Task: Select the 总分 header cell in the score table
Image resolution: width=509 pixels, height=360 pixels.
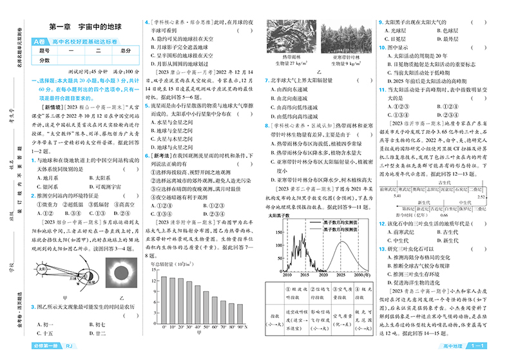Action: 124,50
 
